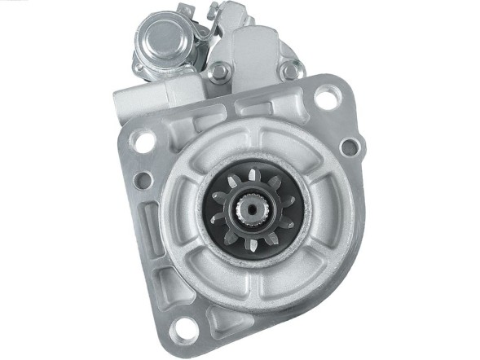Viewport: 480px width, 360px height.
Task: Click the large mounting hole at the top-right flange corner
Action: pos(326,99)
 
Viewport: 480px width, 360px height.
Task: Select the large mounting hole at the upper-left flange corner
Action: pos(145,141)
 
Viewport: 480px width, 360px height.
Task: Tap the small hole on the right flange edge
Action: pos(348,147)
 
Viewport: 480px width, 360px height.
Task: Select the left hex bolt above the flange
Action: pos(218,72)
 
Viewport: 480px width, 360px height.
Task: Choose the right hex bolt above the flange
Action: pos(289,72)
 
